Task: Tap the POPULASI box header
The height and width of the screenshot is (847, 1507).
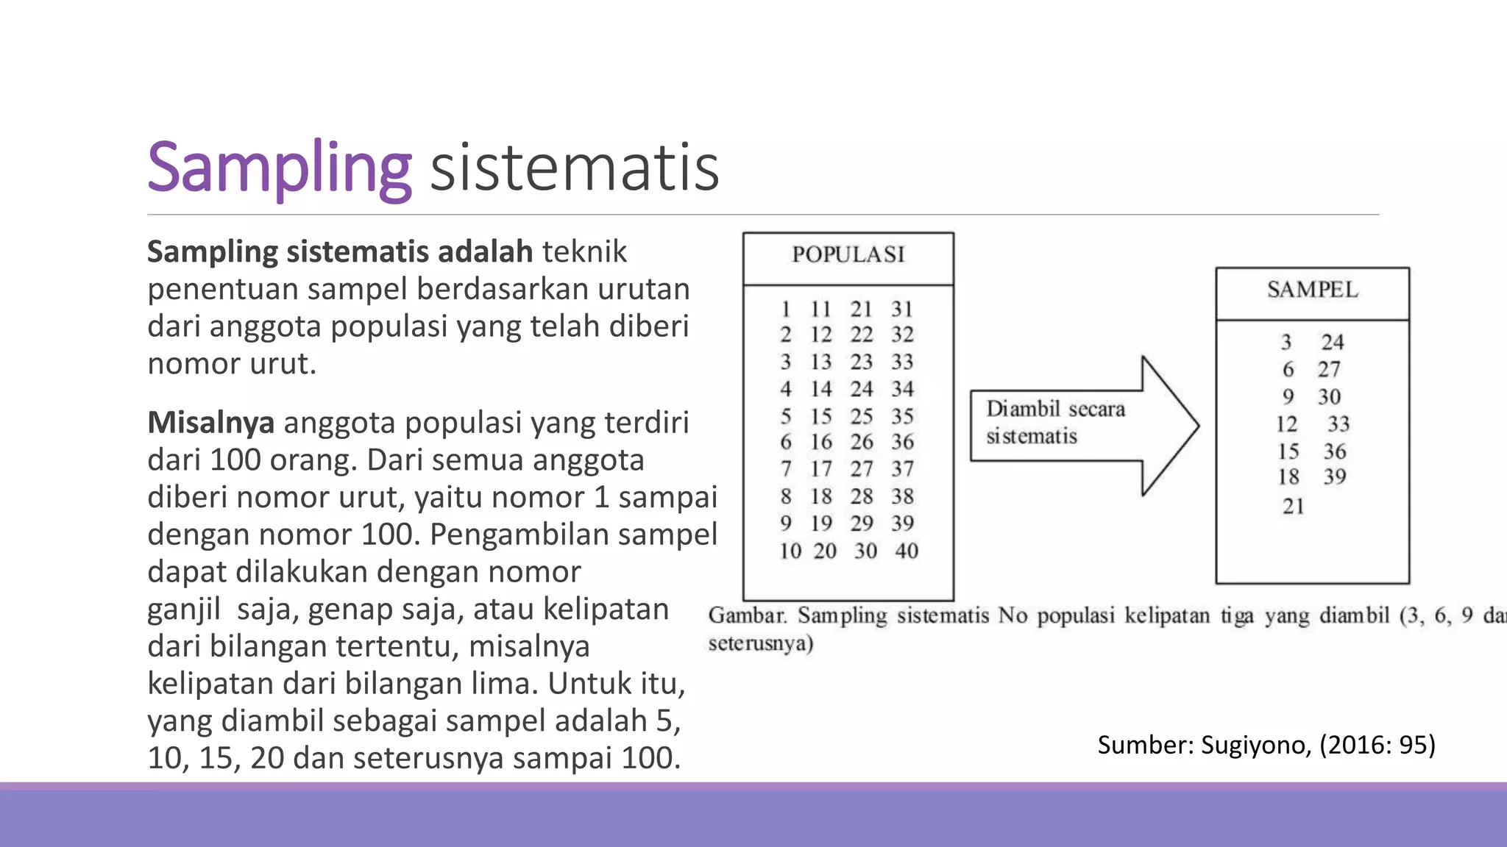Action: click(848, 254)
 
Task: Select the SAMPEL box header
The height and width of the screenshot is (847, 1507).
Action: click(1312, 290)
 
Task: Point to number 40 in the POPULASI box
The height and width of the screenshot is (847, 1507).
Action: click(906, 551)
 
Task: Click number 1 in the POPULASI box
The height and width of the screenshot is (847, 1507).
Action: click(786, 309)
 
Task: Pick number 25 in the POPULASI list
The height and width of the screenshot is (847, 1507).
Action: click(861, 416)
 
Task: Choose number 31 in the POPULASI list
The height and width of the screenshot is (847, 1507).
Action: click(902, 309)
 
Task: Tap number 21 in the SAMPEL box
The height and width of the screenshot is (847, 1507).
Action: click(1293, 506)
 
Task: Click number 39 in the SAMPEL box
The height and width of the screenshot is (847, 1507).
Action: click(1334, 476)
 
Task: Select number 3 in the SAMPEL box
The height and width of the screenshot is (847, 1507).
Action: click(1286, 342)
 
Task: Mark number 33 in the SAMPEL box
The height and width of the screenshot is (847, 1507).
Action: click(1338, 423)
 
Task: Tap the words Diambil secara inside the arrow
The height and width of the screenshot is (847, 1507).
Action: click(1055, 409)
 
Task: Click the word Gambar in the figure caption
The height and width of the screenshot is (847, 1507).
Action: click(747, 615)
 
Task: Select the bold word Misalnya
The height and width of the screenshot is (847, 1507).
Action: click(210, 423)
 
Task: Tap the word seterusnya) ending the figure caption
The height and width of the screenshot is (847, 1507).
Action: click(760, 644)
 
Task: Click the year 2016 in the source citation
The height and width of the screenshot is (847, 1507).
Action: click(1355, 745)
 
